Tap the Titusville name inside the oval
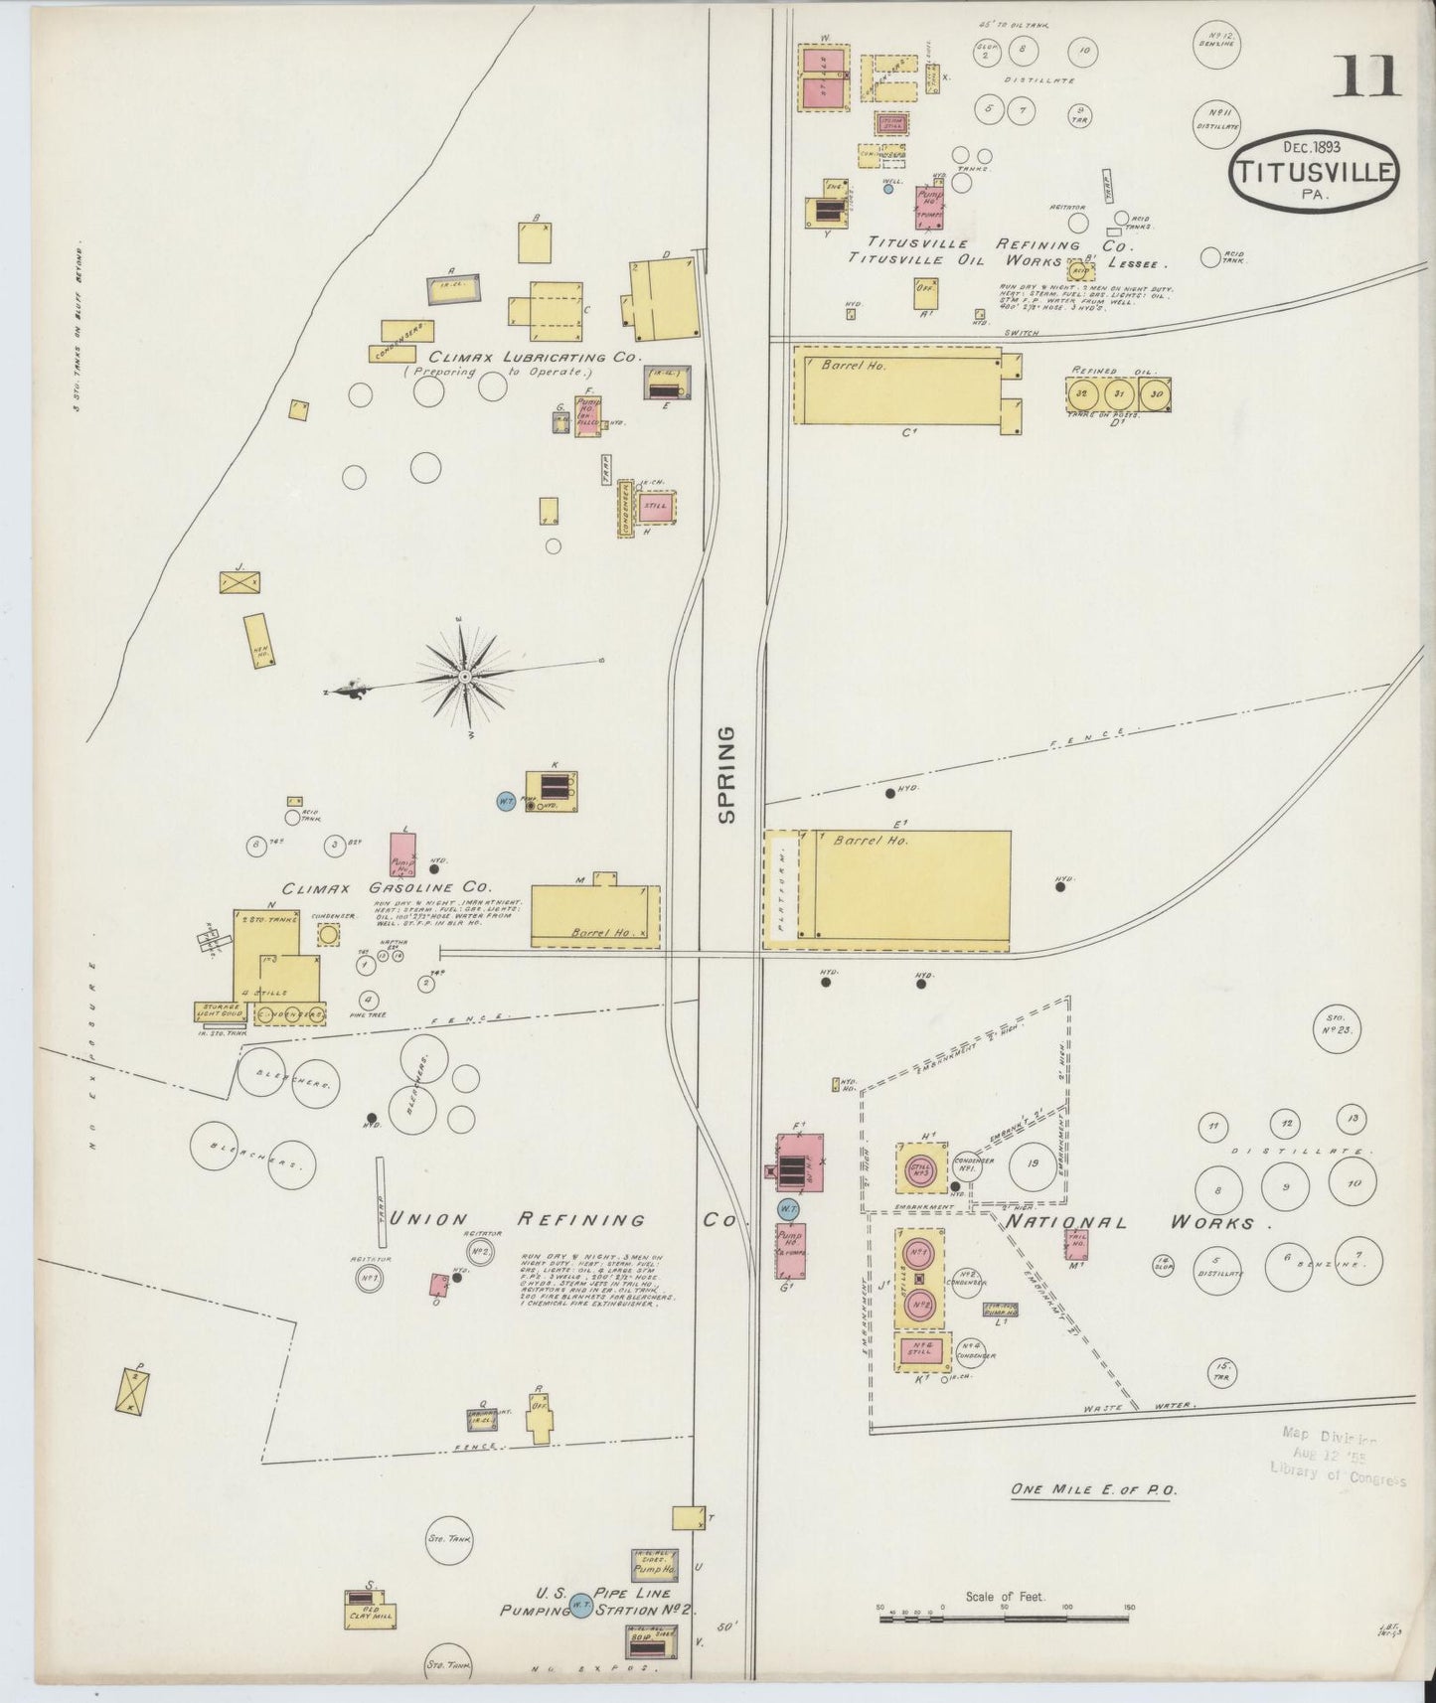coord(1314,170)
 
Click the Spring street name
coord(727,774)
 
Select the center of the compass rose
coord(464,677)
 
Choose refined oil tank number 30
coord(1155,392)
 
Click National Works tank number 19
coord(1034,1163)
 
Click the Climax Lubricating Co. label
coord(536,357)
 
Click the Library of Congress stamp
coord(1337,1457)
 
